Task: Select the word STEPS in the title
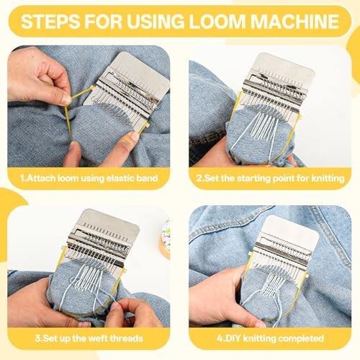point(50,22)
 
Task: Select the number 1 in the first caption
point(22,179)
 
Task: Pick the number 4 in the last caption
point(220,338)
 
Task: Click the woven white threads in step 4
point(274,287)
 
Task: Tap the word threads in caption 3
point(126,338)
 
